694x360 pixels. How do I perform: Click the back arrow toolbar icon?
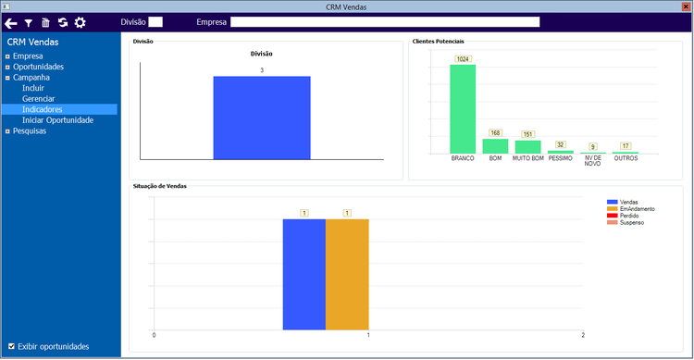(x=11, y=22)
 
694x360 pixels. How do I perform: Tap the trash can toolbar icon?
(x=45, y=22)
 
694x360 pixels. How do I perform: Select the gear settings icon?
(x=80, y=22)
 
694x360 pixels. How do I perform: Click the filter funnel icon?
(x=29, y=22)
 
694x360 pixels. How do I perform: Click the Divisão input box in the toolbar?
(x=155, y=21)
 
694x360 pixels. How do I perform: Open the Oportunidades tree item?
(x=38, y=67)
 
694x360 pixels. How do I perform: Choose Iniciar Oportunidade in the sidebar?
(x=57, y=120)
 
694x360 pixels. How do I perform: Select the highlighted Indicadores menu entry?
(x=43, y=109)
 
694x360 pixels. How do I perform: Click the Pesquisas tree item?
(x=30, y=130)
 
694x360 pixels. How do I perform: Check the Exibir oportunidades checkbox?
(x=11, y=347)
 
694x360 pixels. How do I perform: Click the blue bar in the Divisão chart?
(x=262, y=118)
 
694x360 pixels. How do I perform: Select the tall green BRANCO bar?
(x=463, y=108)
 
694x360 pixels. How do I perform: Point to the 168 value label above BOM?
(x=495, y=132)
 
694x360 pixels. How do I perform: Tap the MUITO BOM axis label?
(x=528, y=158)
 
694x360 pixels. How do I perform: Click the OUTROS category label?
(x=626, y=158)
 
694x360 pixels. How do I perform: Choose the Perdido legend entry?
(x=629, y=216)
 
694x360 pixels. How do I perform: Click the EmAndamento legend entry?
(x=636, y=208)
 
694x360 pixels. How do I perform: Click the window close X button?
(x=684, y=6)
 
